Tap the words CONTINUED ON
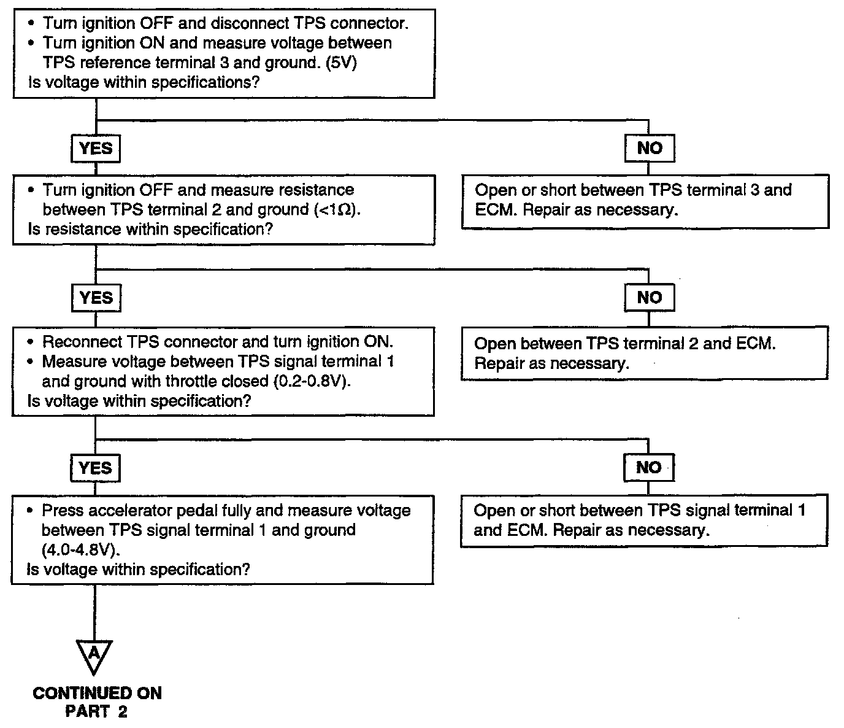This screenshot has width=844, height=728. coord(97,693)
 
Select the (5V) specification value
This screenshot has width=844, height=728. coord(341,63)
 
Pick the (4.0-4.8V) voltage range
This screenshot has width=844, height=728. coord(80,549)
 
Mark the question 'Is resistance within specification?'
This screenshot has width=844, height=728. coord(150,229)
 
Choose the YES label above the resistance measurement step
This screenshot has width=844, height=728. coord(96,149)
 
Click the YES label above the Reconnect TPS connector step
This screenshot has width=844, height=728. coord(96,298)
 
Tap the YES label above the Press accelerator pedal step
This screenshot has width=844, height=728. coord(95,468)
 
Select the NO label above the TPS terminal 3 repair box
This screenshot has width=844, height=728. coord(650,148)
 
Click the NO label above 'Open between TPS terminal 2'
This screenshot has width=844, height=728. coord(650,298)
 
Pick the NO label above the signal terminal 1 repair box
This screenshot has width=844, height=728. coord(649,467)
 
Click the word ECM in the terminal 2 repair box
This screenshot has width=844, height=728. coord(756,344)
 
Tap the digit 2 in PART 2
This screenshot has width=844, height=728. coord(123,712)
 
